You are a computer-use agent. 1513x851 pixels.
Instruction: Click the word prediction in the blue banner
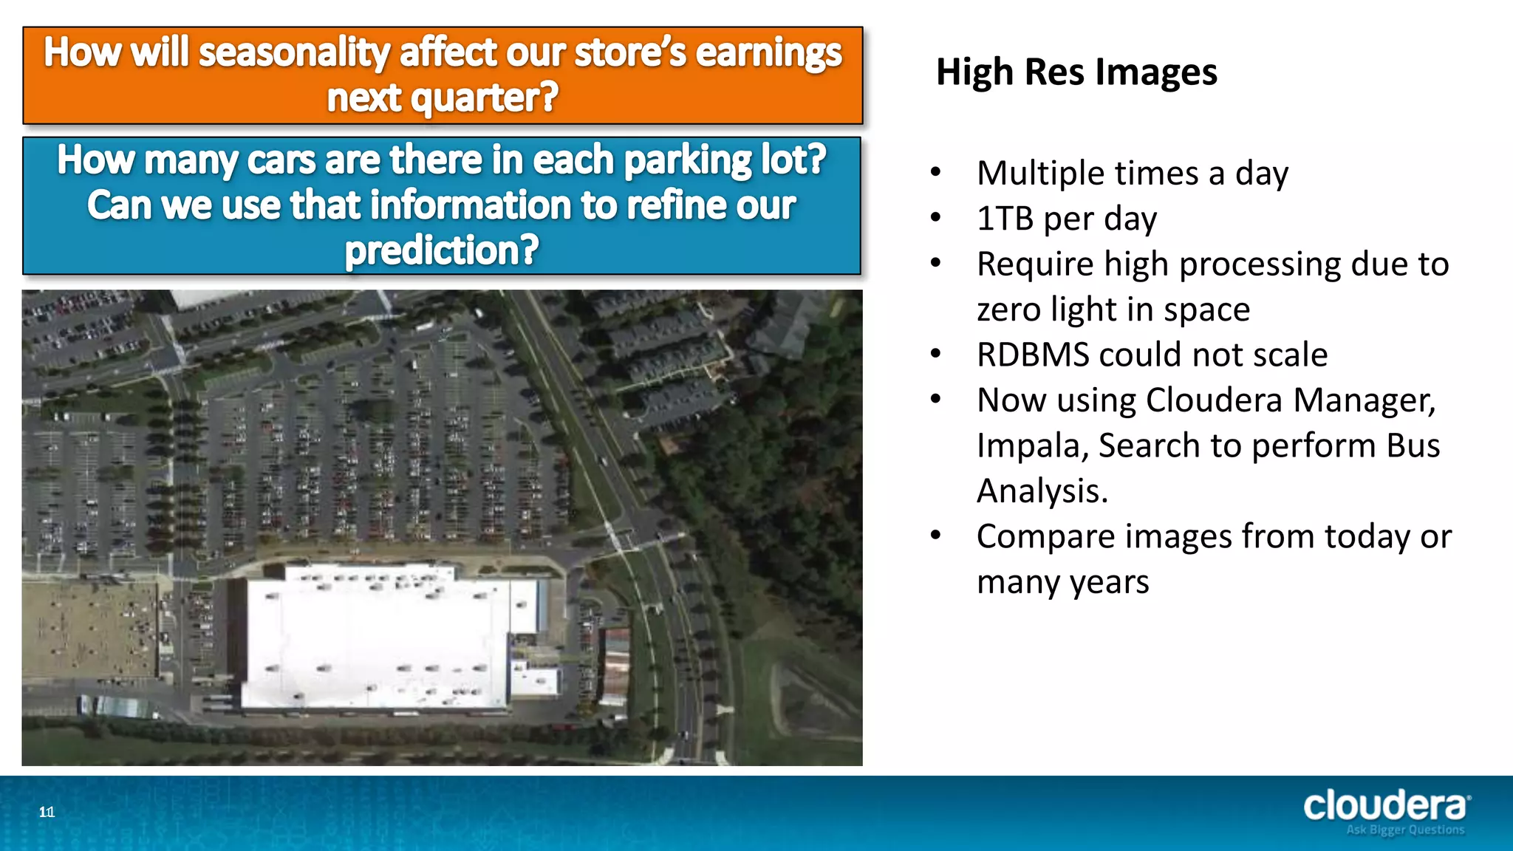[x=441, y=250]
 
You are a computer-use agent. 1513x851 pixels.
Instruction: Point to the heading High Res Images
[x=1076, y=72]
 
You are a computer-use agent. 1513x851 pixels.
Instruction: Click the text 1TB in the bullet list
[x=1005, y=219]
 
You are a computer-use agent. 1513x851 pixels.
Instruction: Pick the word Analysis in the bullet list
[x=1042, y=491]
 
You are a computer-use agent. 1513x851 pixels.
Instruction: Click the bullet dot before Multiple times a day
[x=936, y=172]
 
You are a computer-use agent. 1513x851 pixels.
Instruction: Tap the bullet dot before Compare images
[x=936, y=535]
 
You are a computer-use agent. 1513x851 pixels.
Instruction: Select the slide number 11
[x=47, y=813]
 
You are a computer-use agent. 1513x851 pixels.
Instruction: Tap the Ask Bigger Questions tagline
[x=1404, y=830]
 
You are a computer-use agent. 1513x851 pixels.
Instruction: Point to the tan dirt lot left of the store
[x=89, y=628]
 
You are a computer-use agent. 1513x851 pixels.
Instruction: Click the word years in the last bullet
[x=1109, y=583]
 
